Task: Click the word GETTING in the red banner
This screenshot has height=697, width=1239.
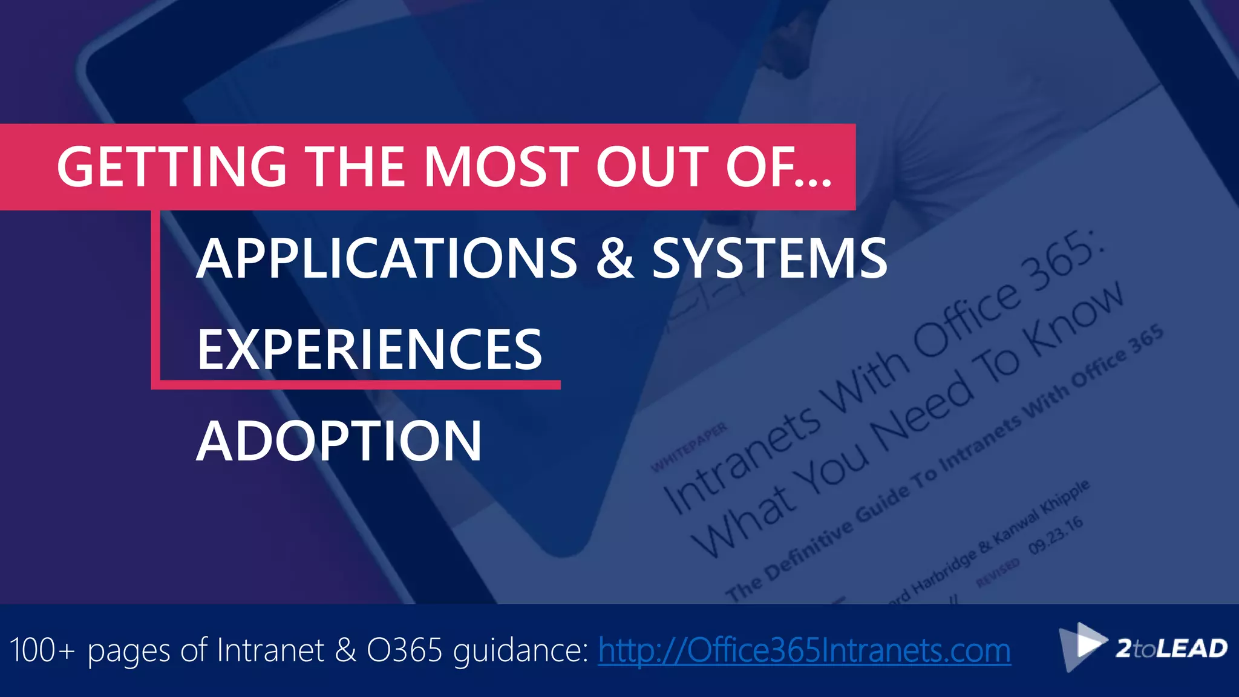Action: [171, 167]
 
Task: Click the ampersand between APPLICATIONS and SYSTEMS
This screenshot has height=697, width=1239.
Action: [615, 259]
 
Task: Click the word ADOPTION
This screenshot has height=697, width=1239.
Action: [339, 441]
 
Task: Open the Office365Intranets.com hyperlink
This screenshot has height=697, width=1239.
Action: [804, 650]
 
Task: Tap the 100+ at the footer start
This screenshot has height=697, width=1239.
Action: [42, 650]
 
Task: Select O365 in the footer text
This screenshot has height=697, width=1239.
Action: [405, 650]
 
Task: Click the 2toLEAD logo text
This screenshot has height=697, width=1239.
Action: [1171, 649]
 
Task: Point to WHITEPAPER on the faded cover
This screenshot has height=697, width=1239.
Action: [689, 448]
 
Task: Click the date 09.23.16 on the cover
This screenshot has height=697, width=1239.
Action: [1056, 535]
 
